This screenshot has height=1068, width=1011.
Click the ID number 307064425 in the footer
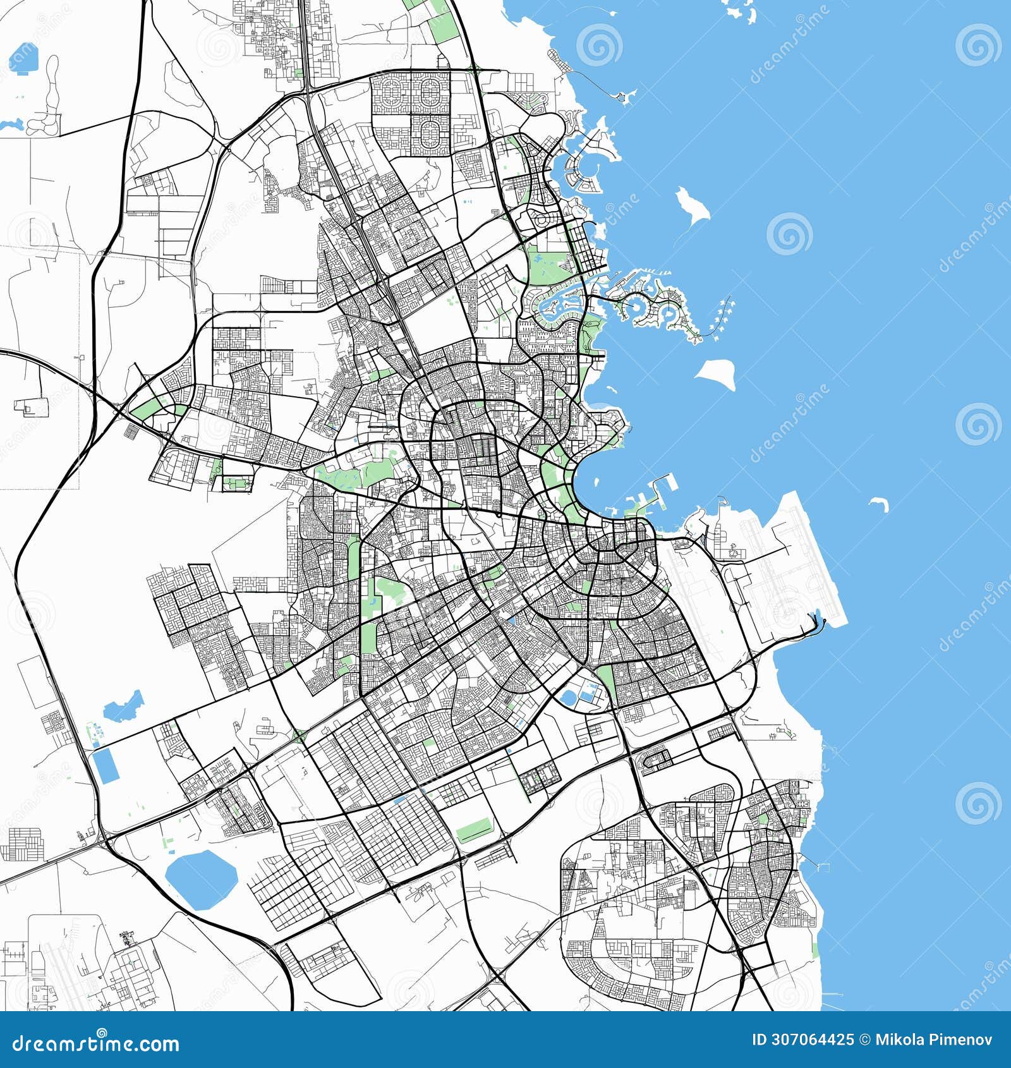point(802,1040)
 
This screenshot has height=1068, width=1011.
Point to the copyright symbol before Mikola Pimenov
point(866,1040)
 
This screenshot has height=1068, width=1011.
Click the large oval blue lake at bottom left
point(200,878)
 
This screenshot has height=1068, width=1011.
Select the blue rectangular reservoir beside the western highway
point(106,765)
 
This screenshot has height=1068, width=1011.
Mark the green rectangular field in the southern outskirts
point(474,830)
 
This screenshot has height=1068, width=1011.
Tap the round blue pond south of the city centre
point(568,698)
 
